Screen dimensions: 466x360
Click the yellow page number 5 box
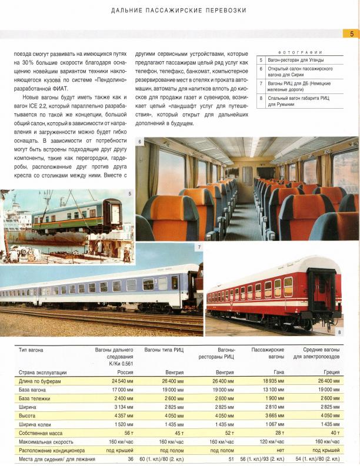(x=351, y=34)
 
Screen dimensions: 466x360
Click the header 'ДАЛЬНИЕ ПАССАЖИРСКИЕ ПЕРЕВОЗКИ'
(x=178, y=10)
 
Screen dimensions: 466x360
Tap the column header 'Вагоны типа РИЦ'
(x=164, y=350)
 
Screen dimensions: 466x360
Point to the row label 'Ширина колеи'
(x=36, y=423)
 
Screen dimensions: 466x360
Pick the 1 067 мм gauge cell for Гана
(x=274, y=423)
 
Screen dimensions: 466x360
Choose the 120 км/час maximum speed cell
(x=271, y=440)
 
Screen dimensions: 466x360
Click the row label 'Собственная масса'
(x=42, y=432)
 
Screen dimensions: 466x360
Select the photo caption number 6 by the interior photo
(x=139, y=142)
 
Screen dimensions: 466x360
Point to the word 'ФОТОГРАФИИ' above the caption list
(x=302, y=52)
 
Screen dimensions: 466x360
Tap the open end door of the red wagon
(x=320, y=294)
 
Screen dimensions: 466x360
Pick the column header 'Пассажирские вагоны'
(x=268, y=354)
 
